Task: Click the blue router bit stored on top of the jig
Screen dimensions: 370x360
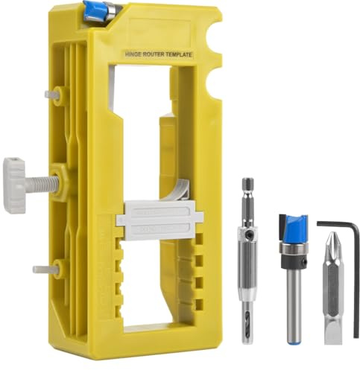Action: pyautogui.click(x=98, y=10)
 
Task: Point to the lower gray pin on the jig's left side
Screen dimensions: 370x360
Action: pyautogui.click(x=42, y=269)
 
